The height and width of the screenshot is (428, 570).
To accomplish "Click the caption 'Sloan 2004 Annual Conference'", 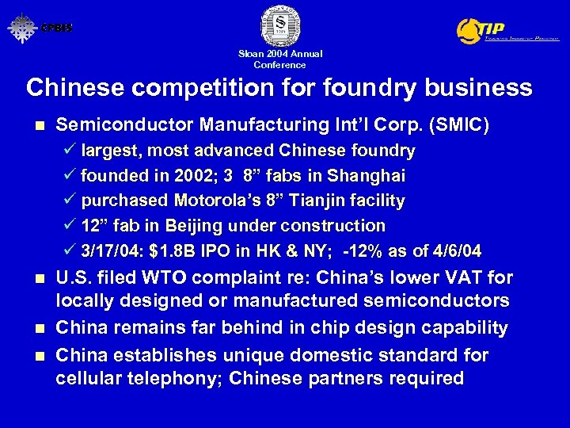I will pyautogui.click(x=280, y=59).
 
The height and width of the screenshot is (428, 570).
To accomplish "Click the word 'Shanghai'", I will pyautogui.click(x=369, y=175).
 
